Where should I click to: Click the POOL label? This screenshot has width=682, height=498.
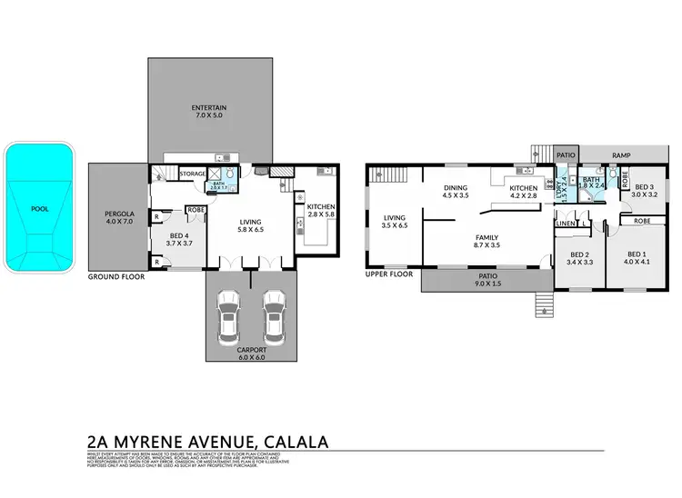pos(40,207)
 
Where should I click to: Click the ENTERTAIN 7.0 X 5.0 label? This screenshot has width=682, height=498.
pos(208,112)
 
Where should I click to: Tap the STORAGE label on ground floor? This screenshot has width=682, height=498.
pos(192,173)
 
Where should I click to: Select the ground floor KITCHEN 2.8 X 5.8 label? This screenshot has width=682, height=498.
pos(321,212)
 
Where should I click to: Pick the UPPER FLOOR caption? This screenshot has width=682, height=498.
pos(390,274)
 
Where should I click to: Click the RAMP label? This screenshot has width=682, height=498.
pos(621,155)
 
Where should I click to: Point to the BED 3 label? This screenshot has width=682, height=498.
pos(645,189)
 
